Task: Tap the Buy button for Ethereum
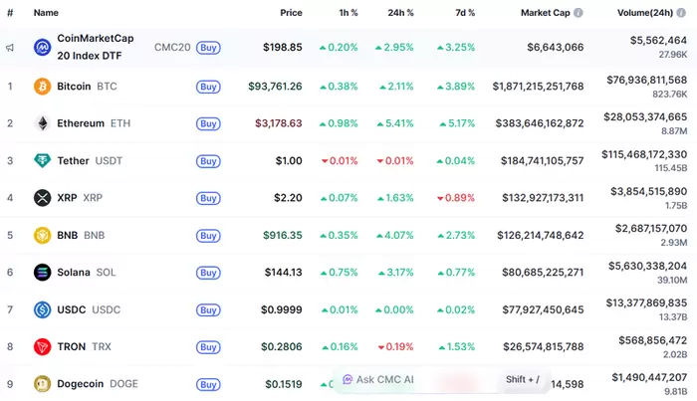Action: coord(208,123)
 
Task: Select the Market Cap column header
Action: coord(544,13)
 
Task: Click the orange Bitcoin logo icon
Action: coord(42,87)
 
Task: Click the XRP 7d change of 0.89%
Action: coord(456,198)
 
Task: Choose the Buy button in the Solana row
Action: coord(208,273)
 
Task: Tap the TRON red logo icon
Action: coord(42,346)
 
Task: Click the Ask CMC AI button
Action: coord(377,379)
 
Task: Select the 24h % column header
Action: coord(400,13)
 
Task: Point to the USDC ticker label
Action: coord(107,309)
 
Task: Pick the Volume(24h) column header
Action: coord(645,13)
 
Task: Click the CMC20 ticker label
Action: coord(172,47)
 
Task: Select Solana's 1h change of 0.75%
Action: coord(339,273)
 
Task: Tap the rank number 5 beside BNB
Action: coord(9,236)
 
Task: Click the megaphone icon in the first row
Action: coord(9,47)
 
